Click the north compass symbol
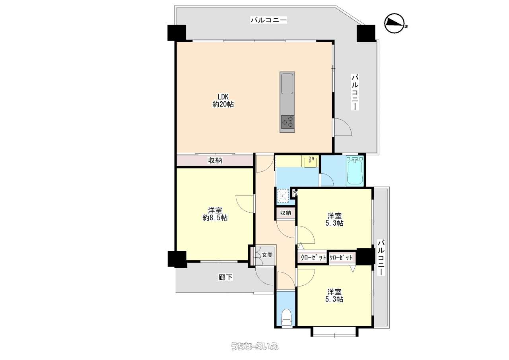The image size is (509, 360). pos(395,23)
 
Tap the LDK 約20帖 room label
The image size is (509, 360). pos(223,100)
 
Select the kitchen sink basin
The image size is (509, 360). pos(287,84)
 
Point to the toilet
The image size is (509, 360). pos(286,318)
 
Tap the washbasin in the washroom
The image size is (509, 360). pos(311,162)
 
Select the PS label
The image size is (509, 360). pos(295,194)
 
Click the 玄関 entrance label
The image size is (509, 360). pos(267,255)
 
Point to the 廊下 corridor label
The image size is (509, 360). pos(225,277)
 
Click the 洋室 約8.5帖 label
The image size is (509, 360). pos(215,214)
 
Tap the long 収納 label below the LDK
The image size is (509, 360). pos(215,161)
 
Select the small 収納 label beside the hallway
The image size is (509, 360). pos(286,213)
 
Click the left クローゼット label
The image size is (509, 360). pos(313,257)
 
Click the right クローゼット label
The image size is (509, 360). pos(341,257)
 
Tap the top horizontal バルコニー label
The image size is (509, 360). pos(268,20)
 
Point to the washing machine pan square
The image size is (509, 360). pos(283,195)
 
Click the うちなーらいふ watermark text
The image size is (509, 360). pos(254,346)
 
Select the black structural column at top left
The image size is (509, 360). pos(177,33)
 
